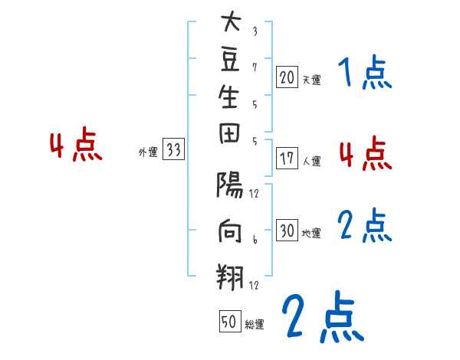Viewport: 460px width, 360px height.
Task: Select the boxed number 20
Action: click(x=287, y=77)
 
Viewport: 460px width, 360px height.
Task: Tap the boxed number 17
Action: click(x=287, y=160)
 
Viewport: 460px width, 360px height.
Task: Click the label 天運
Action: click(x=311, y=80)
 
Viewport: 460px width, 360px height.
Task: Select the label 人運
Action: click(x=311, y=162)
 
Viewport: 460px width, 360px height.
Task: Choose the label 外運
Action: click(x=148, y=152)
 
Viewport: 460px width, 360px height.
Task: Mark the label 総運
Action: click(x=255, y=325)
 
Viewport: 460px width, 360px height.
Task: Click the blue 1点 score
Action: click(x=365, y=74)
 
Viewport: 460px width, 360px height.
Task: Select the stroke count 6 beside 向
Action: click(x=255, y=239)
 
